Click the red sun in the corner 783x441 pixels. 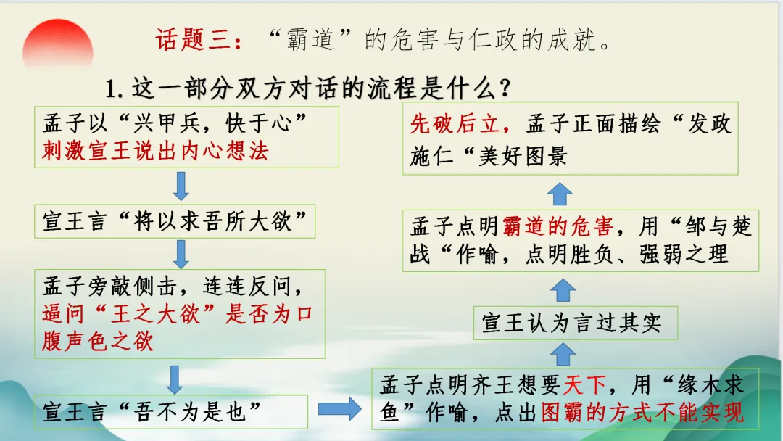[57, 45]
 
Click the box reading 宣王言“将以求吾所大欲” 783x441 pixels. [175, 221]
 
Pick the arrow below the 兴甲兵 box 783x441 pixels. [181, 186]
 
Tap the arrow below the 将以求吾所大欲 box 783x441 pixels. [181, 253]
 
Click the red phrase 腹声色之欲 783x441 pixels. [98, 340]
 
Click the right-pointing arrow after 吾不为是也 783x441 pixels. [339, 410]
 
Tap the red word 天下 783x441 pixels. [584, 384]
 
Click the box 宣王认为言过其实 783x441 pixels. [575, 323]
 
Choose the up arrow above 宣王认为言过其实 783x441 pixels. [563, 290]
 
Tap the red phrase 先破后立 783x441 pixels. [455, 124]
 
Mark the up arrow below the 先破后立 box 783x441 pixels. [559, 192]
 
